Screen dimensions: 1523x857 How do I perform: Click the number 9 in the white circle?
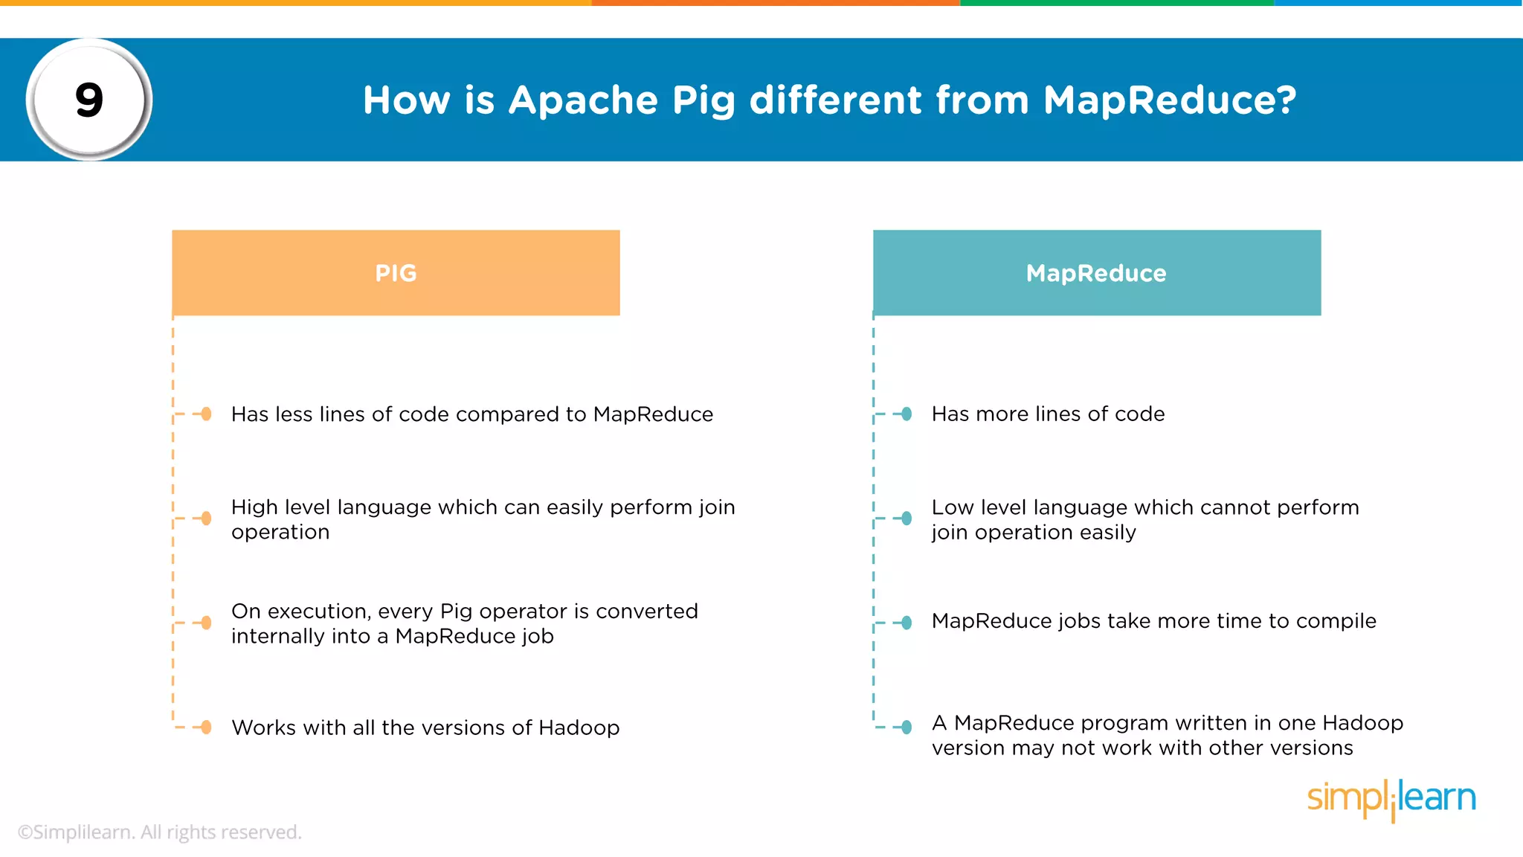(89, 100)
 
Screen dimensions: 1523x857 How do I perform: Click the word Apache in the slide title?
(583, 100)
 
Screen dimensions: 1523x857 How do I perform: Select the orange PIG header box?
(396, 273)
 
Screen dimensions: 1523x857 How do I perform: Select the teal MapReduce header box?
(1097, 273)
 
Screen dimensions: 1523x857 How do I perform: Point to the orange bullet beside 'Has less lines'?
(206, 414)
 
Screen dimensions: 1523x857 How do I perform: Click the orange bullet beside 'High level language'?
(206, 519)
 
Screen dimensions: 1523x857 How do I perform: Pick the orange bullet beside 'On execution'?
(206, 623)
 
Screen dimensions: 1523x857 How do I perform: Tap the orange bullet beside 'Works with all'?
(206, 728)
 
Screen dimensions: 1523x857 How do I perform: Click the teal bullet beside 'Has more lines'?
(907, 414)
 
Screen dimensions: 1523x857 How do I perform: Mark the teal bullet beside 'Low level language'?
(907, 519)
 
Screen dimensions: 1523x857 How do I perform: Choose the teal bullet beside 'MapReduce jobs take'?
(907, 623)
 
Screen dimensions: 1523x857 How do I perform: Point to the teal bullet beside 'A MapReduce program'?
(907, 728)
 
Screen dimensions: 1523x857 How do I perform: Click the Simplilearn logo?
(1391, 799)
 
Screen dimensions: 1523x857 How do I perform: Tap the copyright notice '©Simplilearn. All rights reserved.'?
(160, 832)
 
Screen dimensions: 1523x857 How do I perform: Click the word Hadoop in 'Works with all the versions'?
(579, 728)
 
